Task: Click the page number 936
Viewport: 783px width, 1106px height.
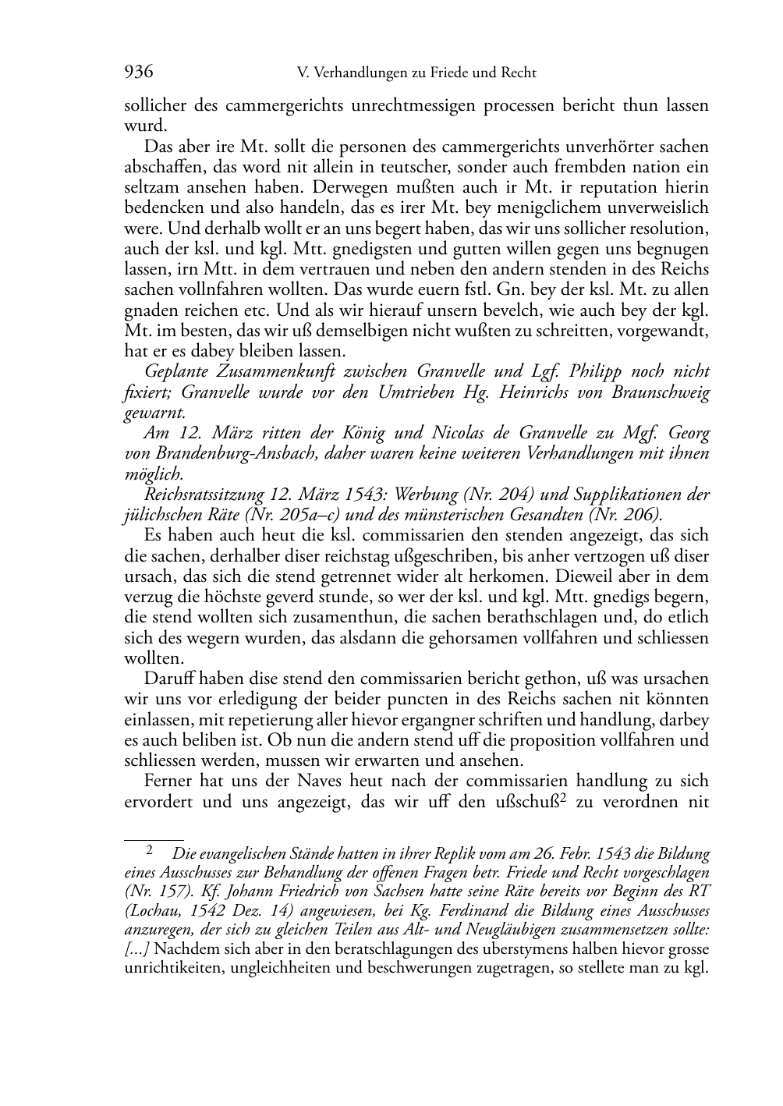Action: coord(139,73)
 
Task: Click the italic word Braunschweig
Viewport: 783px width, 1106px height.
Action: coord(660,392)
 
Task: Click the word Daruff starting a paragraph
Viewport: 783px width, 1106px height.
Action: coord(167,678)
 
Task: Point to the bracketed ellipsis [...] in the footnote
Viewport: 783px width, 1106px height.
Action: coord(137,950)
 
